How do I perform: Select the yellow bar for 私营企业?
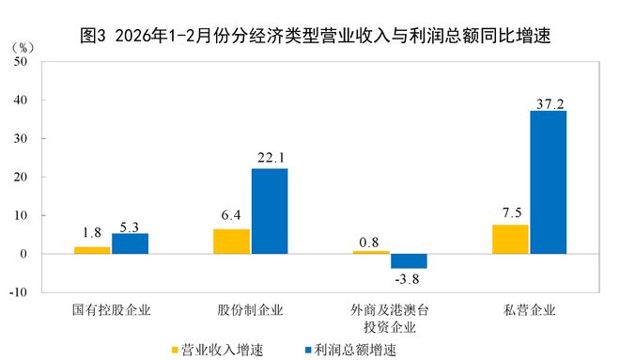pyautogui.click(x=510, y=240)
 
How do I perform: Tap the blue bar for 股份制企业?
pyautogui.click(x=269, y=211)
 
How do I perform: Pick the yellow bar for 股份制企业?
pyautogui.click(x=231, y=242)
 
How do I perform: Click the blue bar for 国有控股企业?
pyautogui.click(x=130, y=243)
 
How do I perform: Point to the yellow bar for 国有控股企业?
pyautogui.click(x=92, y=250)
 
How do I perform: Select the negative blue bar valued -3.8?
pyautogui.click(x=409, y=261)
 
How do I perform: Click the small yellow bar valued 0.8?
pyautogui.click(x=371, y=252)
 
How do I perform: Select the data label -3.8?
pyautogui.click(x=409, y=279)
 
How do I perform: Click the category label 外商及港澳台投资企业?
pyautogui.click(x=389, y=318)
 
